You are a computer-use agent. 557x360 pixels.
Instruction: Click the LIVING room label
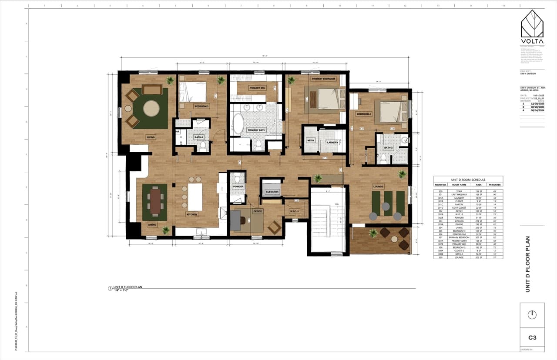pos(151,137)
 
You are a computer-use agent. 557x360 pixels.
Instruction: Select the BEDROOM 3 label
pos(201,106)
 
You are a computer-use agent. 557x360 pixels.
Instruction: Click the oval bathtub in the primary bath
pos(238,123)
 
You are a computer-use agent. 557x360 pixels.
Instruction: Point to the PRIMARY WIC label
pos(257,88)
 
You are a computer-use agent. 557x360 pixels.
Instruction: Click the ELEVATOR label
pos(272,191)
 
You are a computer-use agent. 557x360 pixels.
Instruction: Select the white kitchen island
pos(195,196)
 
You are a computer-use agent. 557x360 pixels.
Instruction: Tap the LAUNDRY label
pos(332,142)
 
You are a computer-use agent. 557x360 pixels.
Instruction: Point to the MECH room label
pos(311,140)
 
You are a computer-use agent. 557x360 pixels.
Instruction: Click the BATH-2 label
pos(388,147)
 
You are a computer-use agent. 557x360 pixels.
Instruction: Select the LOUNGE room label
pos(378,187)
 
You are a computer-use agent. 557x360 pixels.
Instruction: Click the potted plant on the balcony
pos(372,233)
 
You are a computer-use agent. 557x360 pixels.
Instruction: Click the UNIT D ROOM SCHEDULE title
pos(468,180)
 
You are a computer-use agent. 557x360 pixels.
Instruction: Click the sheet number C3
pos(532,337)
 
